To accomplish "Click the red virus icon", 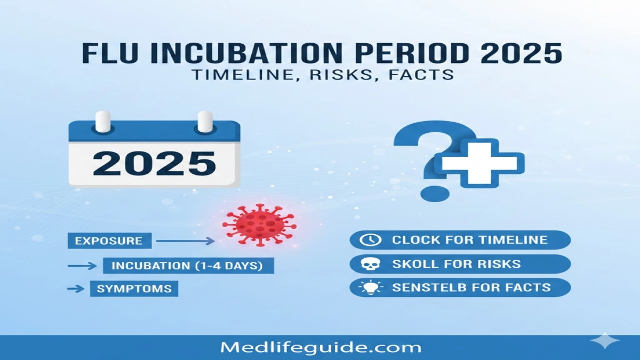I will (x=259, y=224).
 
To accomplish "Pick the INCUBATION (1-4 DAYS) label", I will (x=188, y=266).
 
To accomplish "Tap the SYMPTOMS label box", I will (x=134, y=289).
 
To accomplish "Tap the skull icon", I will (x=369, y=264).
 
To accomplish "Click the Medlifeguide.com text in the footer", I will (x=321, y=348).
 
